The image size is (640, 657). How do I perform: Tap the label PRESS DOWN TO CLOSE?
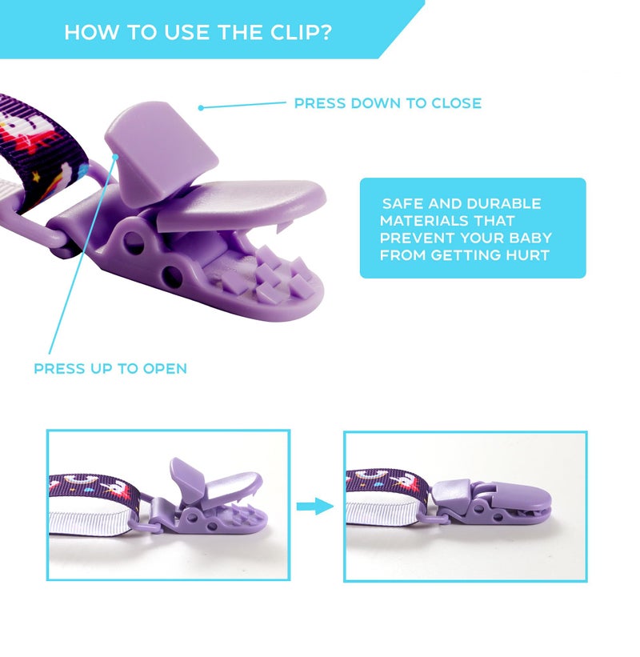[x=388, y=103]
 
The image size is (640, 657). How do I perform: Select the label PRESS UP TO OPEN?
[x=110, y=369]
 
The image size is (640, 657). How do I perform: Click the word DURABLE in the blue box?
[x=503, y=203]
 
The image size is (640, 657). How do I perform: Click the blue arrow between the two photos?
[x=315, y=507]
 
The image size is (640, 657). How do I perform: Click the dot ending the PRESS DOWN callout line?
[x=201, y=108]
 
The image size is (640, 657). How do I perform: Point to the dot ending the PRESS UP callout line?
[x=116, y=156]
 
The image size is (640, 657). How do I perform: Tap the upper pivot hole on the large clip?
[x=135, y=242]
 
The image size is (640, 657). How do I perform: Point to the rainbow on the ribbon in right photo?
[x=369, y=475]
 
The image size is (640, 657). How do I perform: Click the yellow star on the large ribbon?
[x=37, y=177]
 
